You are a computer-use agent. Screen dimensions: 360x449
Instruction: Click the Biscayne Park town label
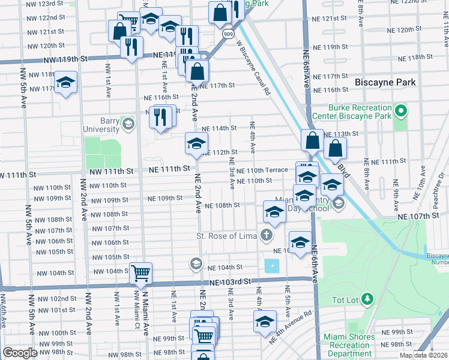(x=390, y=82)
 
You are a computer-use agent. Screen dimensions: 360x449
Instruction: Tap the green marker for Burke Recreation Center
(x=401, y=111)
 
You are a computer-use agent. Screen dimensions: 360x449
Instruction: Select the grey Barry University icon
(x=127, y=124)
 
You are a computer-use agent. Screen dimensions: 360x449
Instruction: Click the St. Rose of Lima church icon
(x=267, y=235)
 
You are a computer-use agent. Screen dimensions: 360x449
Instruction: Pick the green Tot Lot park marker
(x=367, y=298)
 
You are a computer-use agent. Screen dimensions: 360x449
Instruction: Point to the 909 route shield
(x=227, y=35)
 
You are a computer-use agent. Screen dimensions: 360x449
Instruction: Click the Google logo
(x=20, y=353)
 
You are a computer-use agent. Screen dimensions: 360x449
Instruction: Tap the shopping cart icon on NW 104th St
(x=140, y=274)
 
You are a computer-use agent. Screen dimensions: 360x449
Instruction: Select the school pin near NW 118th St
(x=65, y=83)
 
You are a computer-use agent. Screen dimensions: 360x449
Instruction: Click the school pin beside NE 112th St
(x=196, y=143)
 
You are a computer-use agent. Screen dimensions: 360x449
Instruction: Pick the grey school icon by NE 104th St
(x=196, y=263)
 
